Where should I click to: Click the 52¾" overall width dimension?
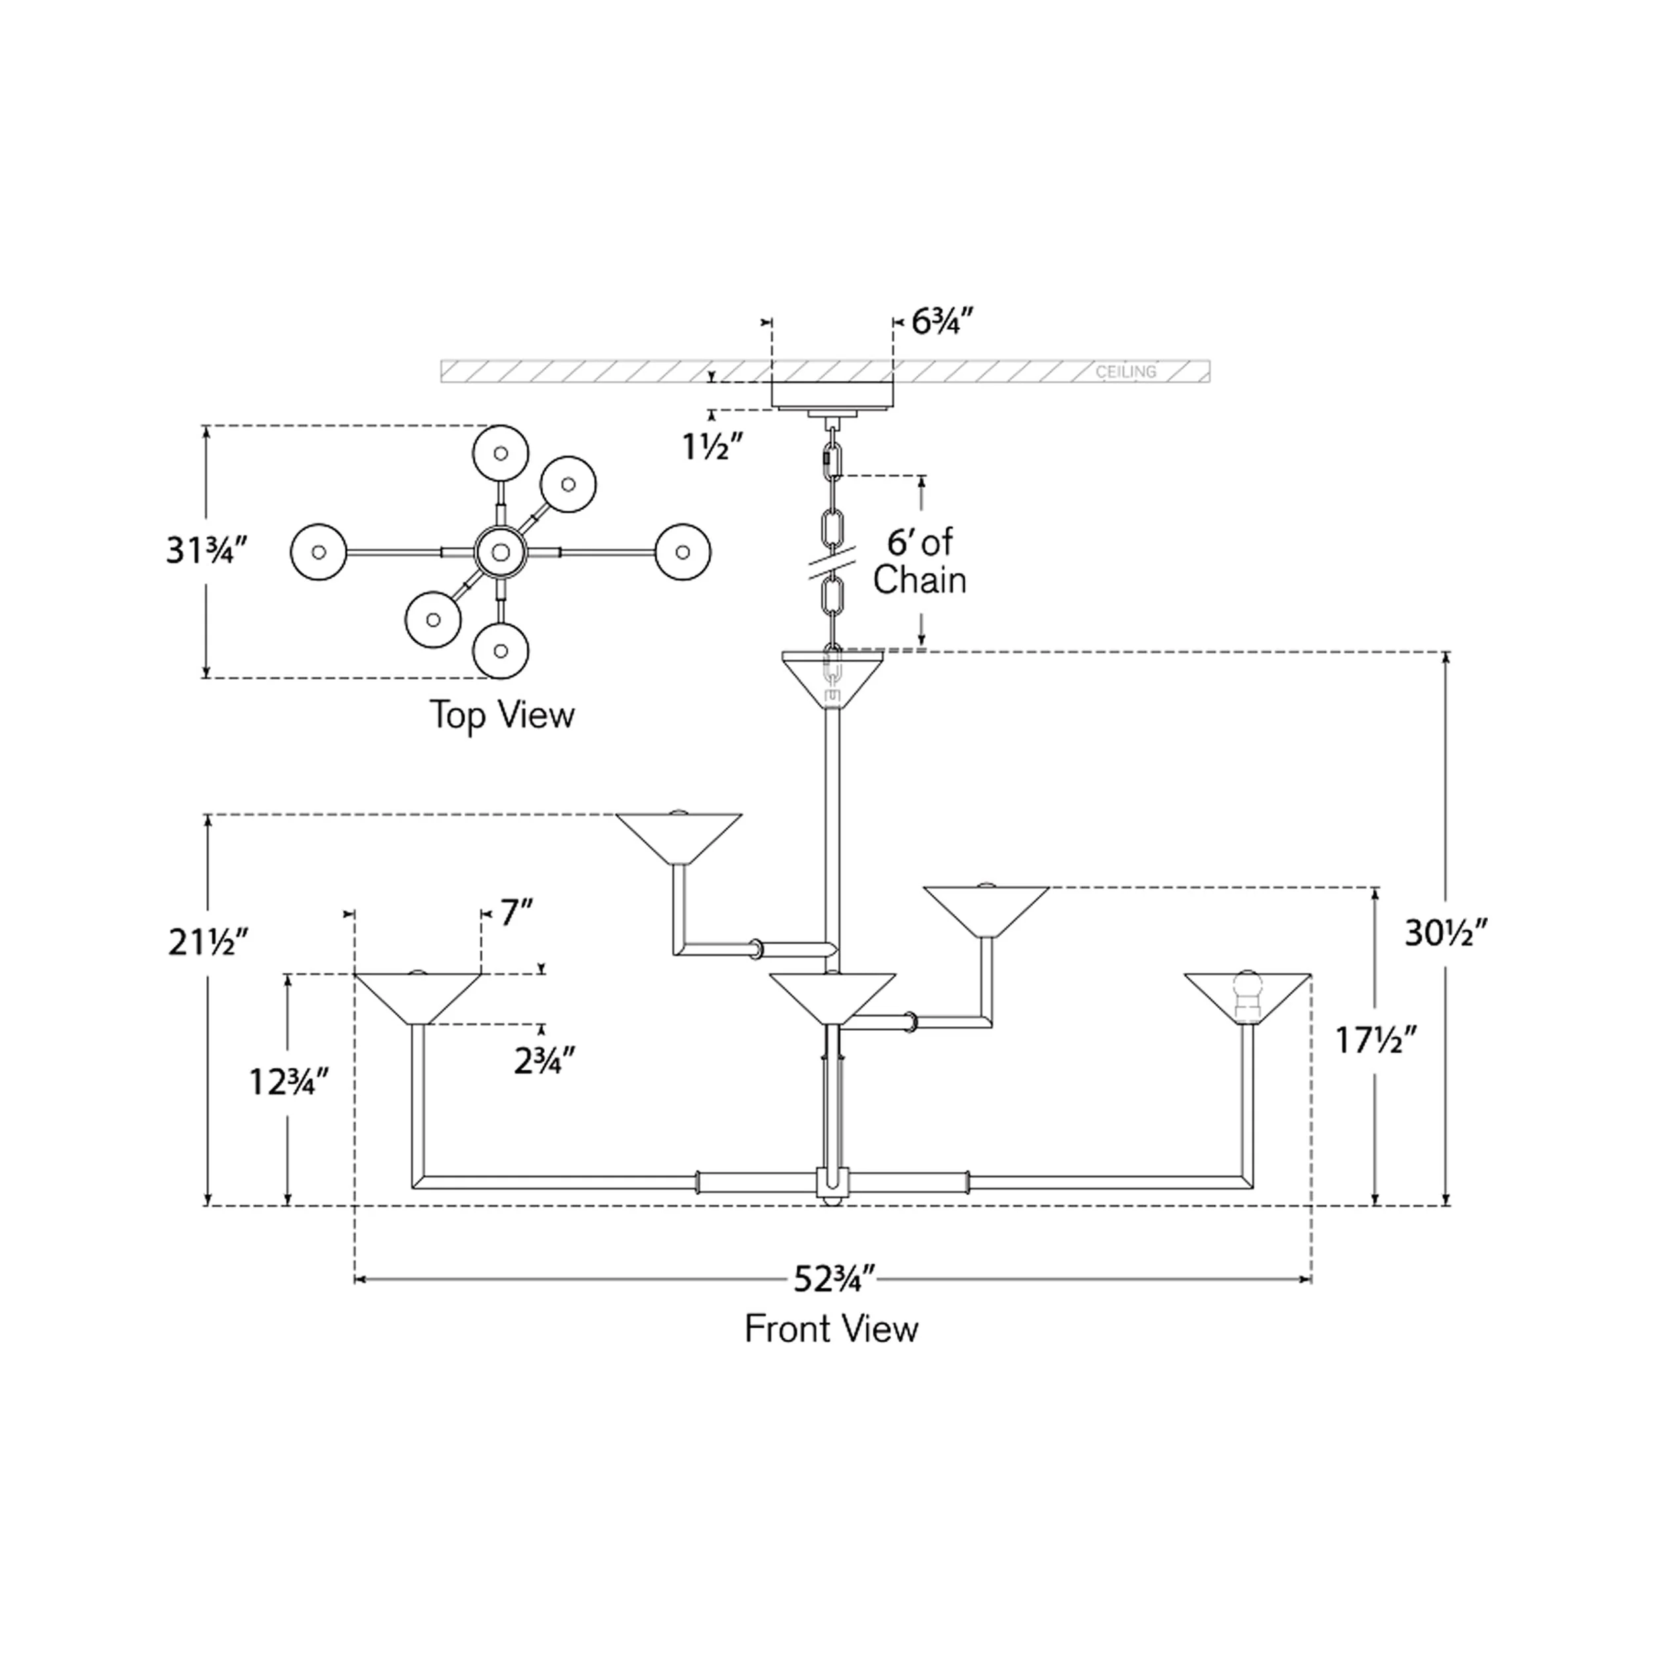click(834, 1304)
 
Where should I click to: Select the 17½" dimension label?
click(1377, 1040)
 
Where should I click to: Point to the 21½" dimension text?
click(208, 942)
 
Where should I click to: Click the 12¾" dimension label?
click(288, 1082)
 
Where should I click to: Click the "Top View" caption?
click(503, 715)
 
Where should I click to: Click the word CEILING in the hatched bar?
click(1126, 372)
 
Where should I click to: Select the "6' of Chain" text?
click(919, 561)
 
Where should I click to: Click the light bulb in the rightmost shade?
click(1248, 992)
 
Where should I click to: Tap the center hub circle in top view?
click(501, 552)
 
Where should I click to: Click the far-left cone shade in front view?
click(417, 998)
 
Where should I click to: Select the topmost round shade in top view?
click(501, 454)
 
